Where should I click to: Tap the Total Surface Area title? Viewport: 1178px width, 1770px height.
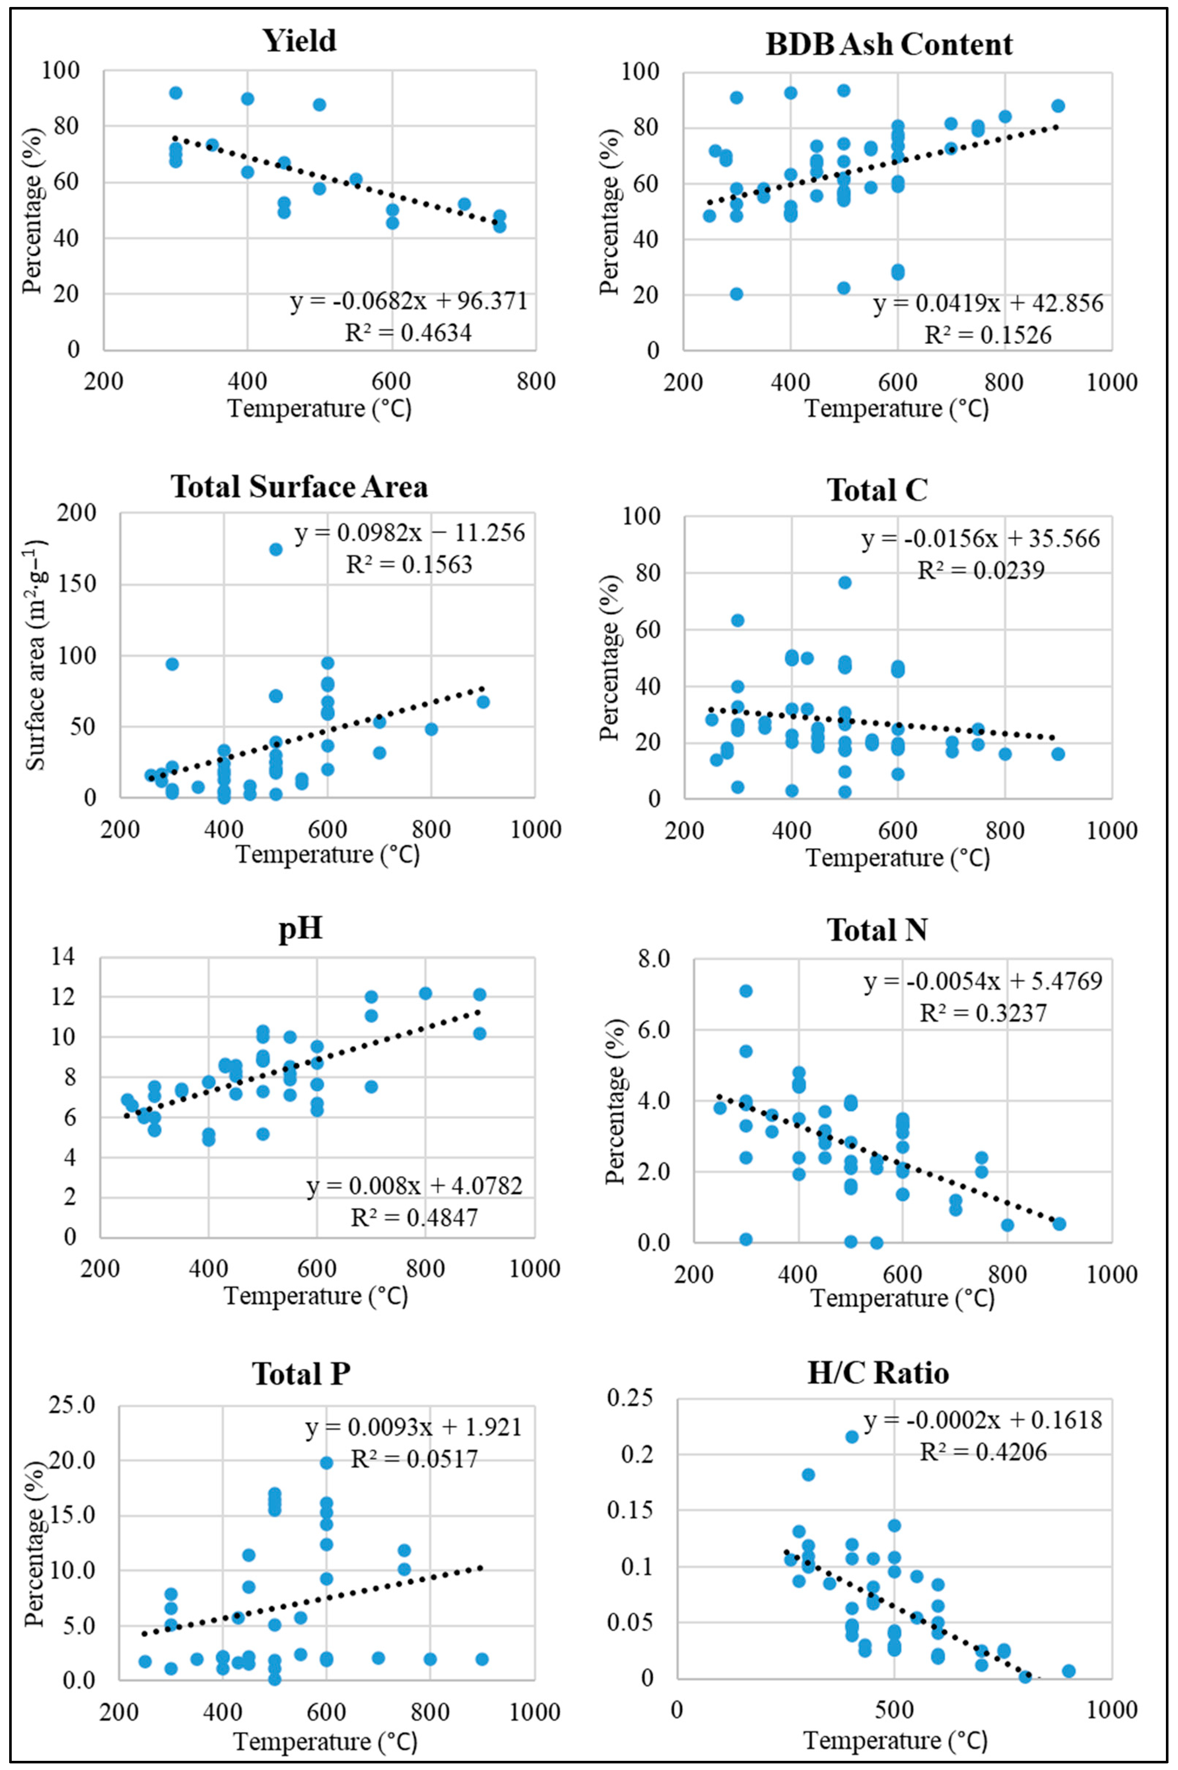point(300,487)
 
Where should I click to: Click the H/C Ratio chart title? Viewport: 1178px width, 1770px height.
point(877,1373)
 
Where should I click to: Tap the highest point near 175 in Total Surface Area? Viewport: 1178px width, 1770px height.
point(276,549)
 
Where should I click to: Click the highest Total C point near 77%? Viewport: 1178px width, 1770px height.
point(844,582)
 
